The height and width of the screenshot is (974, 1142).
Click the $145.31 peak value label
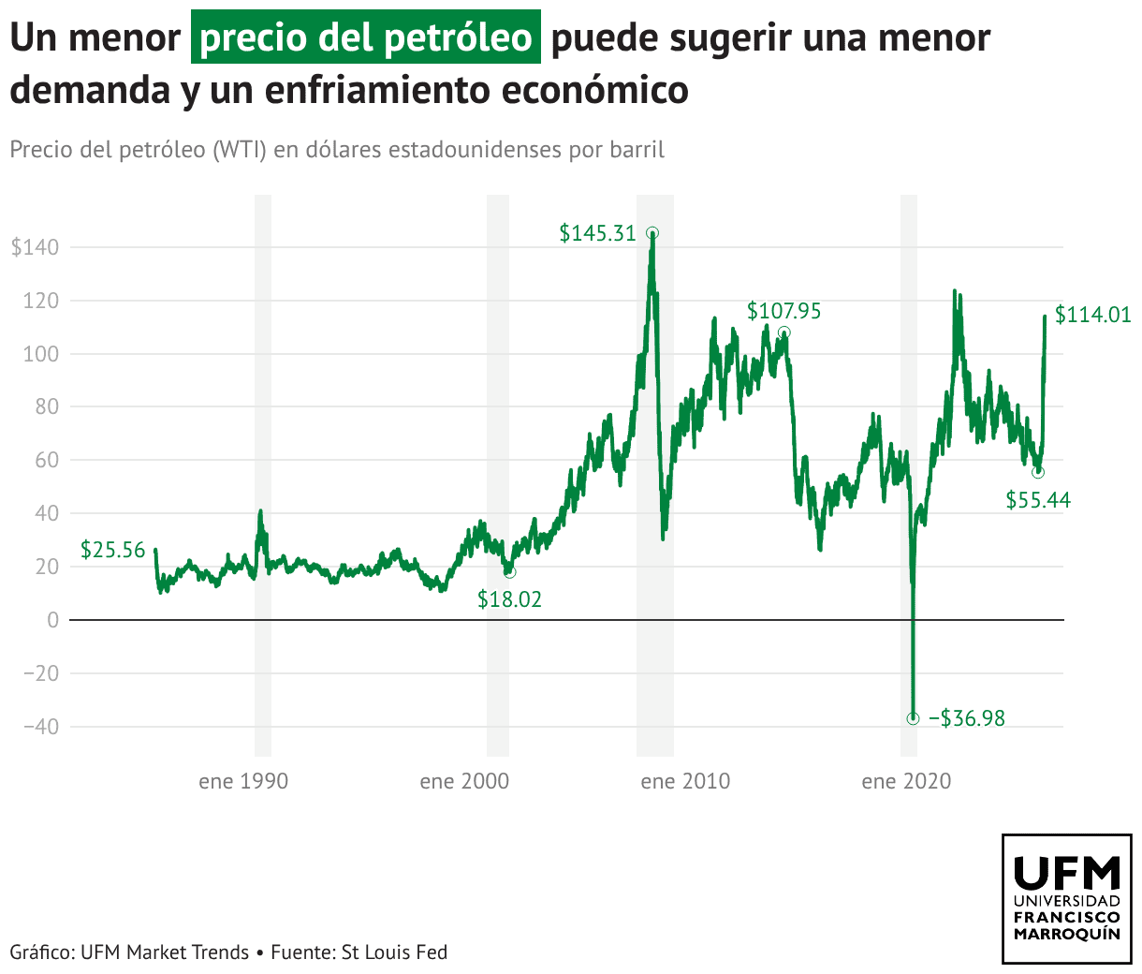pos(597,233)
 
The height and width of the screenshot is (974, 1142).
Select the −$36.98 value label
pos(967,718)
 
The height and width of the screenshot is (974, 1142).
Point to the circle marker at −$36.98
pos(913,718)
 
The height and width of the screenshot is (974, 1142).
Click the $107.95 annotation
pos(783,311)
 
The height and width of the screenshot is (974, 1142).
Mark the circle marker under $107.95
pos(784,332)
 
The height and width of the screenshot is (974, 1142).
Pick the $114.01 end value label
pos(1092,315)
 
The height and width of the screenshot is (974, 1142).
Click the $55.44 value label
pos(1038,500)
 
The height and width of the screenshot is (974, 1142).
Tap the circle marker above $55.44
pos(1037,472)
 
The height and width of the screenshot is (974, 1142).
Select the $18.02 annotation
pos(509,599)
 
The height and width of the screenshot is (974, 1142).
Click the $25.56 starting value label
pos(112,550)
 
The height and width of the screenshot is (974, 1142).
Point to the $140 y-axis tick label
pos(35,248)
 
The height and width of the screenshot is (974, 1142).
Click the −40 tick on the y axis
pos(36,727)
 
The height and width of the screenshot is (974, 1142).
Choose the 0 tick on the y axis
pos(52,620)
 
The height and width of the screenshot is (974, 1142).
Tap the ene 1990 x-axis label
pos(243,781)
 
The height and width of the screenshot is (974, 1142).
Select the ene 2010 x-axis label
pos(685,781)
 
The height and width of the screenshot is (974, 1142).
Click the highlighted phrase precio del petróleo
pos(366,38)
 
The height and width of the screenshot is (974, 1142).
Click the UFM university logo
pos(1067,899)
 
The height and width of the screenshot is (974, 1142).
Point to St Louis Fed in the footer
pos(394,952)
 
